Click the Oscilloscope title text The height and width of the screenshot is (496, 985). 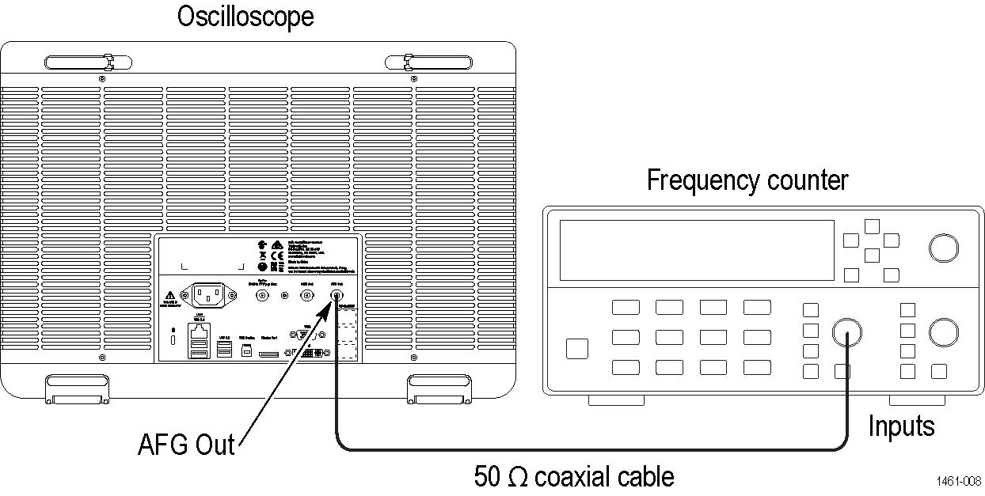click(245, 17)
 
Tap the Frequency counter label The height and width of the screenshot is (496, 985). click(747, 180)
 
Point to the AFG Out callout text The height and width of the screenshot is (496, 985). click(186, 444)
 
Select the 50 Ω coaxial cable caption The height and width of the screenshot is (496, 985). click(574, 476)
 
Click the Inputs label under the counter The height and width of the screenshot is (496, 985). click(901, 426)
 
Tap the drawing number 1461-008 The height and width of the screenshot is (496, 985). click(958, 481)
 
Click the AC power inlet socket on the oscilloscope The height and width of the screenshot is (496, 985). click(209, 296)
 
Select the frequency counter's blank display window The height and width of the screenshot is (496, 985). click(696, 250)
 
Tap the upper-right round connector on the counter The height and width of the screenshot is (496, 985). click(943, 248)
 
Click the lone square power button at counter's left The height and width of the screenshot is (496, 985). click(578, 348)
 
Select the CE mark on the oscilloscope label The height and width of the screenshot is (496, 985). click(277, 256)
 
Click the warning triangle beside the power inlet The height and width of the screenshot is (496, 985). click(169, 295)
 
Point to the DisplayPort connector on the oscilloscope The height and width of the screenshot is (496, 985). click(269, 354)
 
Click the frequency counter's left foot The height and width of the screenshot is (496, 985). click(616, 400)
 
